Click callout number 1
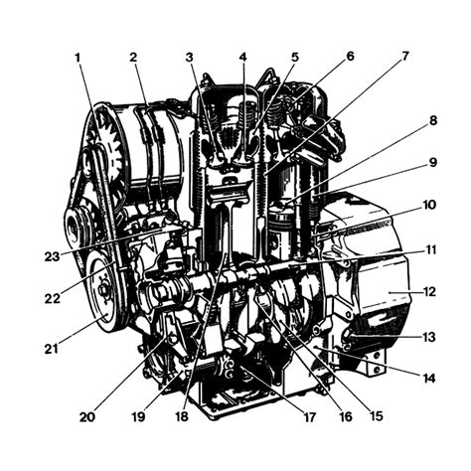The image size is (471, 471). pyautogui.click(x=78, y=58)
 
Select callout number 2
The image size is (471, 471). pyautogui.click(x=133, y=57)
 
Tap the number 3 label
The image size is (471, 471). pyautogui.click(x=189, y=57)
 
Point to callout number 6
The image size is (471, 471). pyautogui.click(x=350, y=56)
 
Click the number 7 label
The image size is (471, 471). pyautogui.click(x=405, y=56)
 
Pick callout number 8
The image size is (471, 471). pyautogui.click(x=433, y=120)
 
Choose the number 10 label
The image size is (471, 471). pyautogui.click(x=429, y=205)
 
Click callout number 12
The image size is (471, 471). pyautogui.click(x=429, y=292)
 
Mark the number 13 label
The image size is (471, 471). pyautogui.click(x=429, y=337)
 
